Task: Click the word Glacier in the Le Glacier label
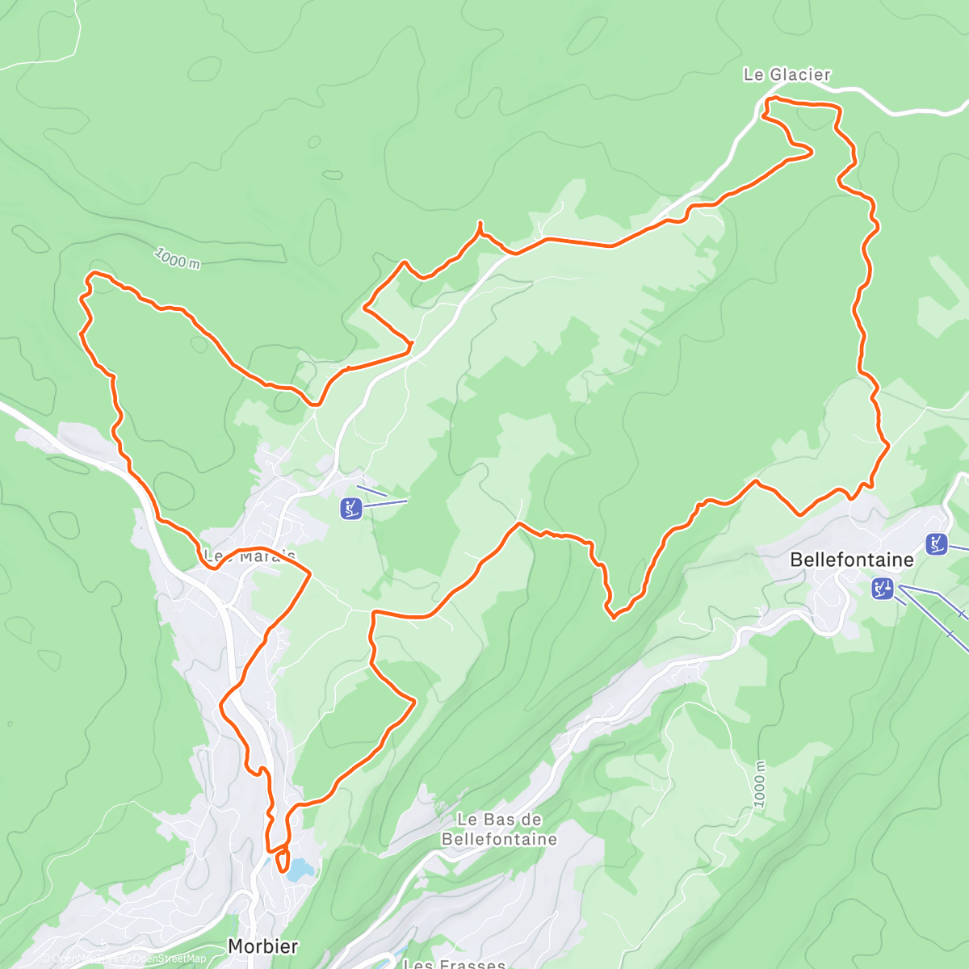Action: tap(799, 75)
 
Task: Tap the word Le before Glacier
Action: tap(753, 75)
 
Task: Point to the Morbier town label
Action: tap(262, 946)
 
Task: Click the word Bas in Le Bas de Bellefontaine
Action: tap(498, 820)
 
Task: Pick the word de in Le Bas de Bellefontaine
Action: tap(532, 820)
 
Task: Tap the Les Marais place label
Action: tap(250, 556)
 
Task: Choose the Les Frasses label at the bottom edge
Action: tap(454, 963)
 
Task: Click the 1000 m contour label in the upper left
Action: tap(177, 259)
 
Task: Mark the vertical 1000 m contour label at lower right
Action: tap(760, 782)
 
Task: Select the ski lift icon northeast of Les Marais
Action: tap(351, 509)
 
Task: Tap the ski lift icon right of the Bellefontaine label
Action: tap(937, 543)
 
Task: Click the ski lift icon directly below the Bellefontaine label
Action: tap(883, 589)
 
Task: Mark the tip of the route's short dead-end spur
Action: tap(480, 222)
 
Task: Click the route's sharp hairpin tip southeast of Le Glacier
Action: tap(811, 151)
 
